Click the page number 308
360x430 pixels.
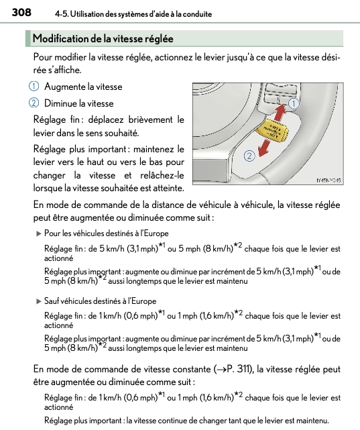pos(21,12)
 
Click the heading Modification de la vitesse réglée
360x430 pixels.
pos(103,39)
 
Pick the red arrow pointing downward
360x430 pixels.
pos(265,148)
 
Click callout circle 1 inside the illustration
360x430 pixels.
pos(294,104)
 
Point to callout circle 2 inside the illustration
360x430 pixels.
pos(249,156)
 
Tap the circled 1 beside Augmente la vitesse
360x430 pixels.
pos(34,87)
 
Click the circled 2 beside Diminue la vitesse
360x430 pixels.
pos(34,103)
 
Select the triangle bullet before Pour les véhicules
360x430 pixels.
pos(39,234)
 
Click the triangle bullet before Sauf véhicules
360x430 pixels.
pos(39,302)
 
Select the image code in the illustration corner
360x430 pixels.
pos(328,180)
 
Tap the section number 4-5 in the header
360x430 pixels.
pos(62,14)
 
